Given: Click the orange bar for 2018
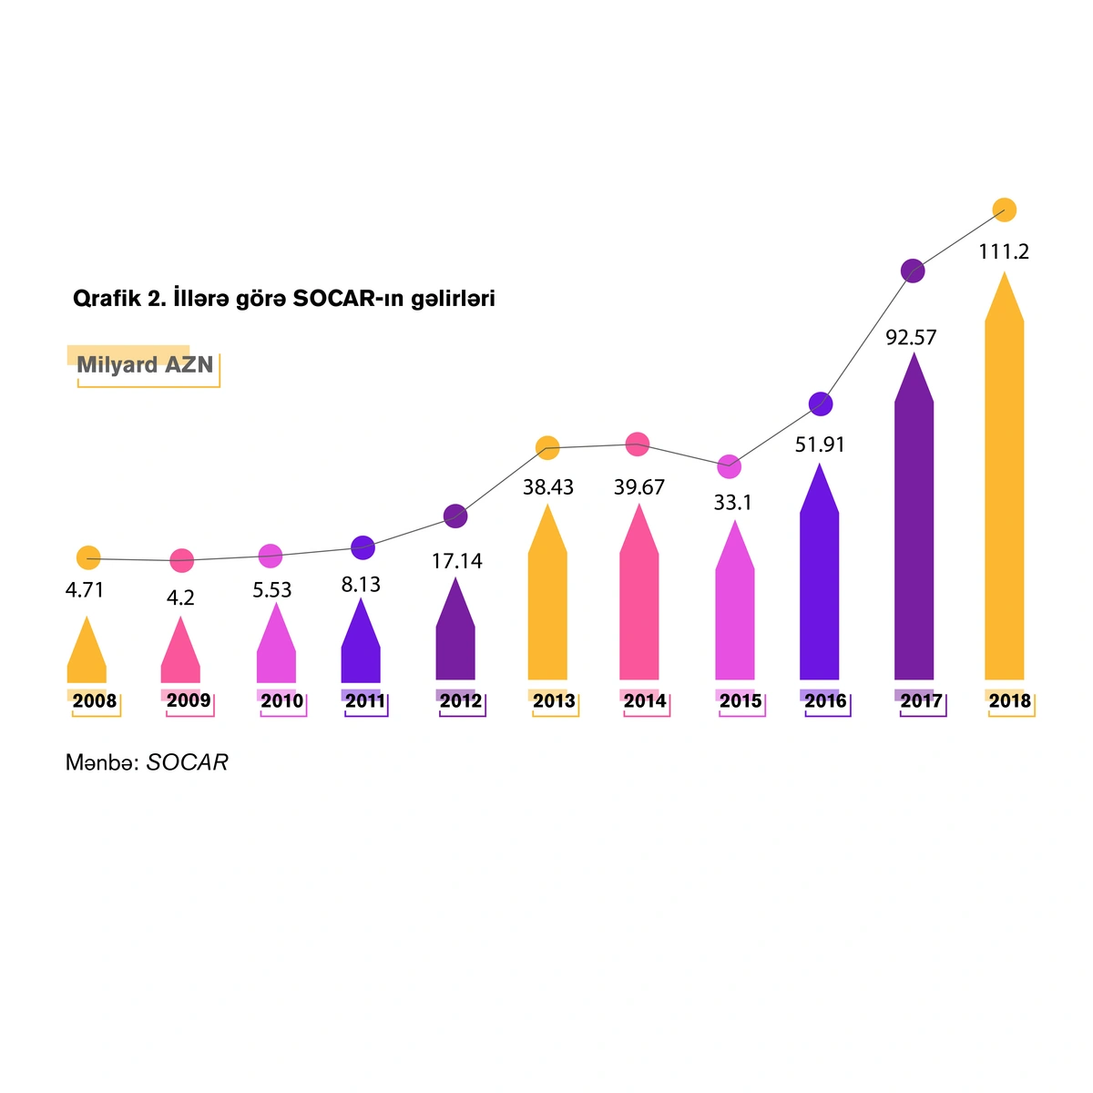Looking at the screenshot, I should [x=1004, y=492].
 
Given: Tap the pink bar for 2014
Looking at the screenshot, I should [x=638, y=601].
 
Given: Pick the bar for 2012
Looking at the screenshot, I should [x=455, y=638].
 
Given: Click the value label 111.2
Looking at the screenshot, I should [x=1004, y=252].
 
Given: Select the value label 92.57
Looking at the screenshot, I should [x=911, y=338].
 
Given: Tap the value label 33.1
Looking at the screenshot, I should [x=732, y=503].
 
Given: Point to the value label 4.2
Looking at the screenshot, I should [x=181, y=598].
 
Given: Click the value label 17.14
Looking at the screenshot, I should [x=456, y=561].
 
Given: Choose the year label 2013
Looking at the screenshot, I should [x=554, y=701].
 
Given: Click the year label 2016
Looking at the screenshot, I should [x=825, y=701].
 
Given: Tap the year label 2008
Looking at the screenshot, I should [x=95, y=701].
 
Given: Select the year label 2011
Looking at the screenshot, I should [x=365, y=701].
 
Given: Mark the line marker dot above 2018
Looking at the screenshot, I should [x=1004, y=209].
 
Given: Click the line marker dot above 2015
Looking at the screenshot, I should [x=729, y=466].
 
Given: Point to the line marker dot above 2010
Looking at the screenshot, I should [x=271, y=556].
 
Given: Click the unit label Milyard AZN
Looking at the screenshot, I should [x=145, y=365].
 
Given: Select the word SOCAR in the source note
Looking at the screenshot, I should [x=187, y=762].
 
